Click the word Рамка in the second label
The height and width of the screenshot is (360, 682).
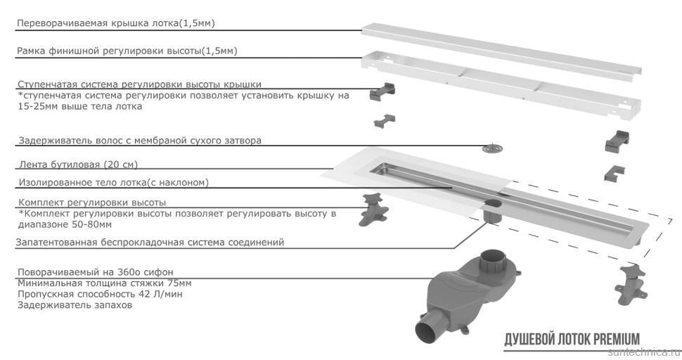(x=32, y=52)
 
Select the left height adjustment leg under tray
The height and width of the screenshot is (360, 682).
(x=373, y=209)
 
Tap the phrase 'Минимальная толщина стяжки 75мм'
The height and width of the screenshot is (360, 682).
(x=103, y=283)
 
